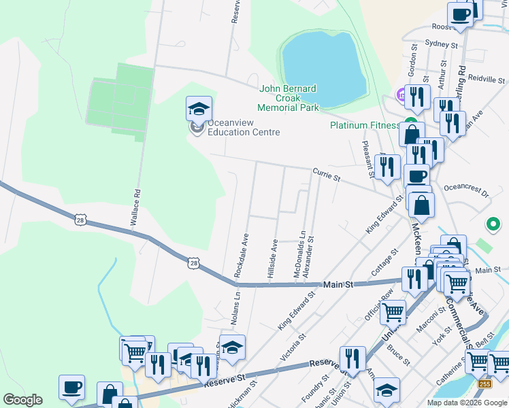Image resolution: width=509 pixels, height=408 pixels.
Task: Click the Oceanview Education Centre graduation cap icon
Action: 199,109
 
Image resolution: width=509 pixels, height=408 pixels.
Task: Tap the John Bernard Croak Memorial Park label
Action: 288,98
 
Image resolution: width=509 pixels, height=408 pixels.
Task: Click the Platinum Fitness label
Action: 364,125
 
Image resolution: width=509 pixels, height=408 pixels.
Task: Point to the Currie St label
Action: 326,175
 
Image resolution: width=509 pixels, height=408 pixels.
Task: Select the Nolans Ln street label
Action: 236,306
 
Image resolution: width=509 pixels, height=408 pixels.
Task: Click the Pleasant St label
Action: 367,159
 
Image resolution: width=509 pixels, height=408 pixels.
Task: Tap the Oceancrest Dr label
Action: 466,189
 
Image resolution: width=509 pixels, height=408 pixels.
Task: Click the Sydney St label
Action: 440,44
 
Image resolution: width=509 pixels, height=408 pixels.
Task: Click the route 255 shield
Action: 483,385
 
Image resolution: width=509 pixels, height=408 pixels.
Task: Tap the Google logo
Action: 23,400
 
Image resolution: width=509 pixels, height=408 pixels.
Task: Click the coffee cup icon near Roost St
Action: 460,16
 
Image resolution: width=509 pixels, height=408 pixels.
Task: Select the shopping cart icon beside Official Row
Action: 393,312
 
